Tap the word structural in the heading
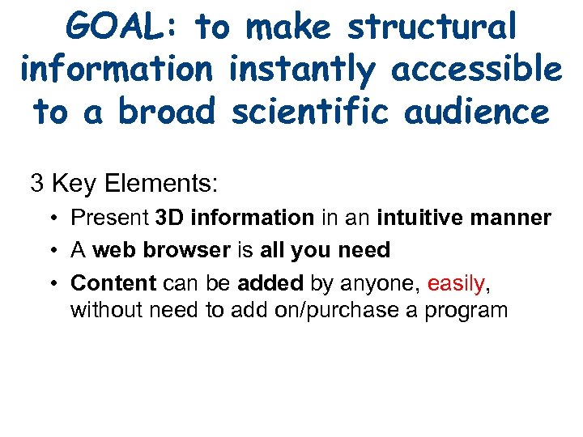tap(432, 28)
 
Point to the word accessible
tap(477, 70)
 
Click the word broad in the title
tap(167, 112)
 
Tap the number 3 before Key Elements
tap(36, 184)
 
